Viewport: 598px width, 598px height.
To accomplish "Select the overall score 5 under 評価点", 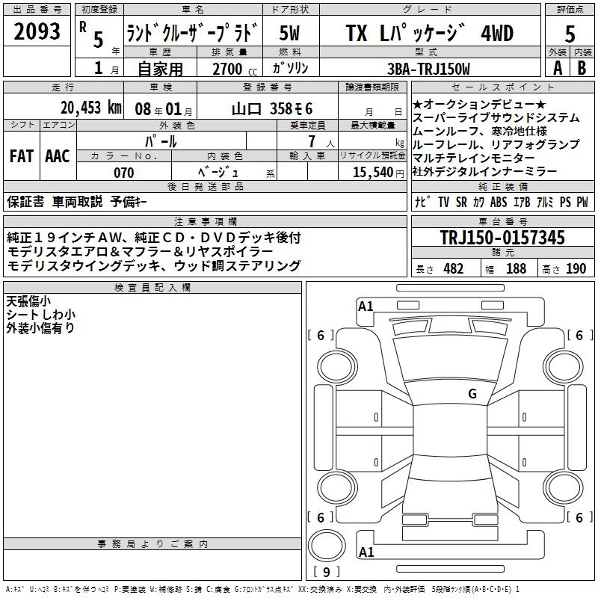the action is [570, 34].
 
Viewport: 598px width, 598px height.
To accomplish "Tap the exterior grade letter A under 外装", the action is [556, 68].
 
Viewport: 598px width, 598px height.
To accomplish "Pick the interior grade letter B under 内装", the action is [582, 68].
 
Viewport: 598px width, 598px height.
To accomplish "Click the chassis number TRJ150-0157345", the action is [502, 238].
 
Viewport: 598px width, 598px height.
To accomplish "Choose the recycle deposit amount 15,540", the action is [372, 173].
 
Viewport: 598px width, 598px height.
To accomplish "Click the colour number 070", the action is [123, 173].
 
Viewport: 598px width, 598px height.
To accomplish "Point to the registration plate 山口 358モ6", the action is [272, 107].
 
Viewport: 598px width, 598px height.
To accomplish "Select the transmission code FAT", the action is [21, 156].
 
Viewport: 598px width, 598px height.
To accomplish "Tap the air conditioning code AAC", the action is [57, 156].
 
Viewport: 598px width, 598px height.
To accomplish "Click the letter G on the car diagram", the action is [472, 393].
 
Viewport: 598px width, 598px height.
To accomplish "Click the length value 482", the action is [453, 268].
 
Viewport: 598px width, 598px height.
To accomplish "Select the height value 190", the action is [576, 268].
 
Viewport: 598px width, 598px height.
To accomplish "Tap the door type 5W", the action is [290, 34].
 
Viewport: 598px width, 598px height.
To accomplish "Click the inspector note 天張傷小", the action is [28, 301].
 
